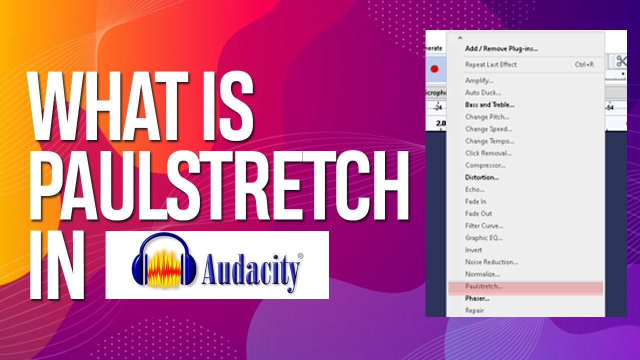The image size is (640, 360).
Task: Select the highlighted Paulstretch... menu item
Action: [483, 286]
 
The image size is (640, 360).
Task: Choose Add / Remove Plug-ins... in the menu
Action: [501, 48]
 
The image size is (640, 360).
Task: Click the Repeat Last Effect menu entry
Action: [490, 64]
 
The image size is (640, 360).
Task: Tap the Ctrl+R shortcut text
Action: [584, 64]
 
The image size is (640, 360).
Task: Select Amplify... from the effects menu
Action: [479, 80]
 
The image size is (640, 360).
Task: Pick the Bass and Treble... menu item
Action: [489, 105]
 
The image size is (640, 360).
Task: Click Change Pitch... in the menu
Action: [487, 117]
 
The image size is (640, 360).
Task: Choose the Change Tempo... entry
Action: [489, 141]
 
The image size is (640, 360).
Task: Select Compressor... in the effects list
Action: [485, 165]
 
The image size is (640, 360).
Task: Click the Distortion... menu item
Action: [481, 177]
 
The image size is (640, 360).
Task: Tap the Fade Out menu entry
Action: [478, 213]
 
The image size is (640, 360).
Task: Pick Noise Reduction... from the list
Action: [491, 262]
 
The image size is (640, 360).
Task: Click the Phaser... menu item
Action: [476, 298]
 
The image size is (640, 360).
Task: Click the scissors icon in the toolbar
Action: [621, 61]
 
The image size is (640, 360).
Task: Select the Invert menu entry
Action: [473, 250]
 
